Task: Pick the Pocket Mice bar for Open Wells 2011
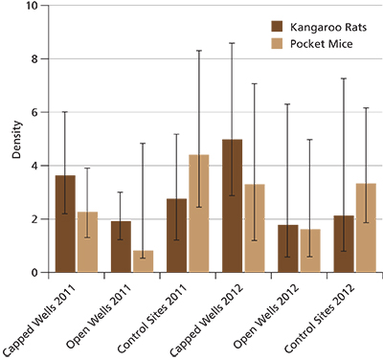tap(144, 261)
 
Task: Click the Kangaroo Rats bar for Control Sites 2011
tap(176, 236)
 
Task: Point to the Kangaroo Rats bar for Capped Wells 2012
tap(232, 206)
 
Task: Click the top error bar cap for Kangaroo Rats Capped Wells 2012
tap(232, 43)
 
